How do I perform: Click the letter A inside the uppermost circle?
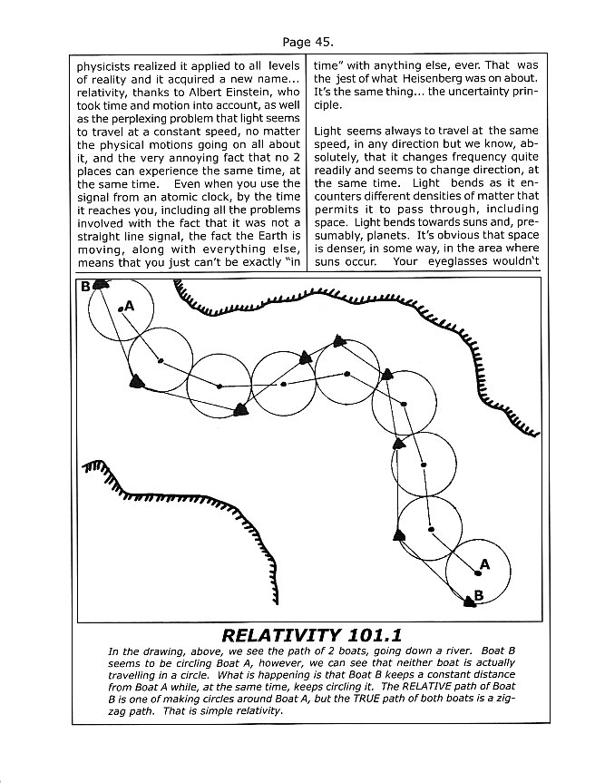pyautogui.click(x=130, y=305)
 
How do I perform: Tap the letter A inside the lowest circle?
pyautogui.click(x=484, y=564)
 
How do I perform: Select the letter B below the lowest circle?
pyautogui.click(x=480, y=595)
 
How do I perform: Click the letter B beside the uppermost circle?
pyautogui.click(x=85, y=286)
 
